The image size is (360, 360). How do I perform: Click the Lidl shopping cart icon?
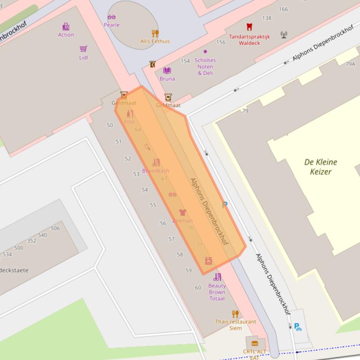83,49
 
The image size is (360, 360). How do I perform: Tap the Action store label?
66,35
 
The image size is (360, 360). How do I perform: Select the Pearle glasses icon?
111,17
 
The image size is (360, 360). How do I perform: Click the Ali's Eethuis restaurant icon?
155,33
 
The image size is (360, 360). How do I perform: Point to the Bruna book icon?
167,71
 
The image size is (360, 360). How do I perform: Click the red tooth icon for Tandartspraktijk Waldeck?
250,27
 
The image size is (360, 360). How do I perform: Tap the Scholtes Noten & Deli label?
205,66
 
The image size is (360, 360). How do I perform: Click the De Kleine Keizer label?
320,167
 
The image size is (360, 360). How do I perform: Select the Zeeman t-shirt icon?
183,213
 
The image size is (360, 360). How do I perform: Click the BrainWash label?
155,171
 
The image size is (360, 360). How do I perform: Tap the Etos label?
130,122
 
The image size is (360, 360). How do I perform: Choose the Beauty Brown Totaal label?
217,292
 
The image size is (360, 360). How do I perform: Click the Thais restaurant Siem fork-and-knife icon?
235,314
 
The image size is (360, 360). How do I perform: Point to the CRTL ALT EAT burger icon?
255,344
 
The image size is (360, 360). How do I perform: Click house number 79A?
350,64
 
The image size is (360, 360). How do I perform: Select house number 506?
55,228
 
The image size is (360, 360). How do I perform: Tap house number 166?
283,9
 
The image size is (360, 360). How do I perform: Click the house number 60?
198,288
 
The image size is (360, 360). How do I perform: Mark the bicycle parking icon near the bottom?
298,327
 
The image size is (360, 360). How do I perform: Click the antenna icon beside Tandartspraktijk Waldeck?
284,35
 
